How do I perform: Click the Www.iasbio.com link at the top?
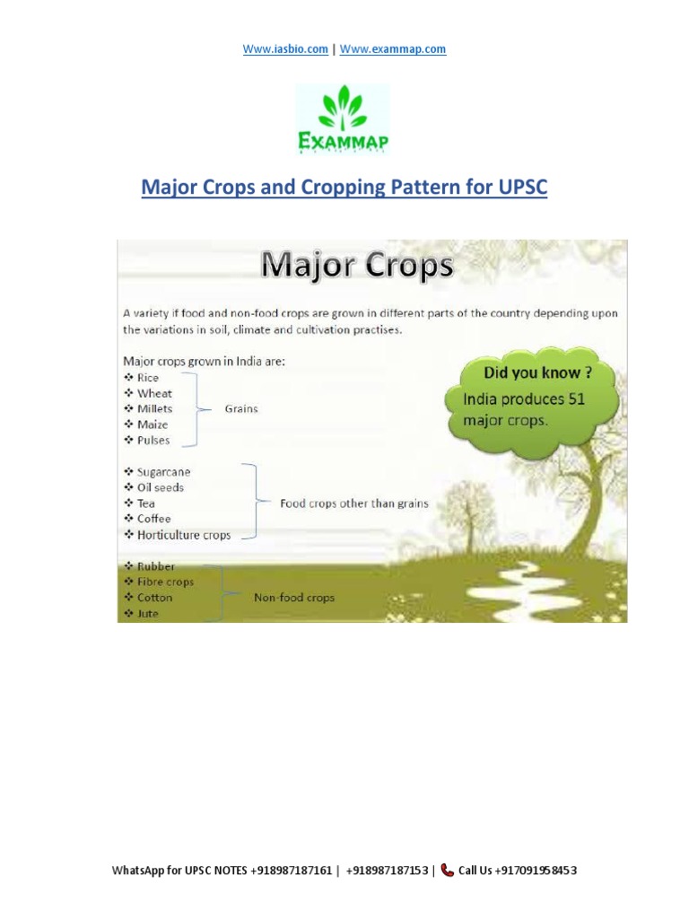tap(285, 49)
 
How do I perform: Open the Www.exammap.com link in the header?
tap(393, 49)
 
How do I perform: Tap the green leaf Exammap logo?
tap(344, 120)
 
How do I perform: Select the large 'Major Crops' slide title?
tap(357, 267)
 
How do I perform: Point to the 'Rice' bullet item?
tap(148, 378)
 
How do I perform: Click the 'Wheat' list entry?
tap(154, 393)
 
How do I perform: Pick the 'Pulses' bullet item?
tap(153, 441)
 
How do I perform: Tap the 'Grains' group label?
tap(241, 409)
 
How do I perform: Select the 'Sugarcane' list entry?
tap(163, 472)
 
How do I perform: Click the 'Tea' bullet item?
tap(146, 503)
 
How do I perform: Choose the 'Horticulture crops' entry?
tap(184, 535)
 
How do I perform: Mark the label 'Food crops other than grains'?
tap(354, 503)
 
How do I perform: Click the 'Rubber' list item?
tap(156, 566)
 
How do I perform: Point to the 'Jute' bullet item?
tap(148, 614)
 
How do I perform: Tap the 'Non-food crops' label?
tap(294, 598)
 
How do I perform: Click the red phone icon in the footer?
tap(447, 871)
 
